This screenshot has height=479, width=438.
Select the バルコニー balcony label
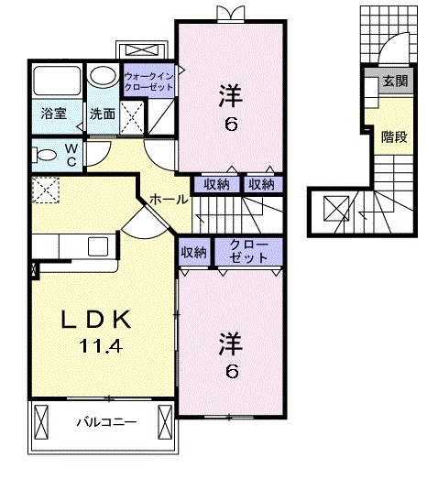pyautogui.click(x=104, y=422)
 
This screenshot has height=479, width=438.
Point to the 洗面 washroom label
pyautogui.click(x=102, y=114)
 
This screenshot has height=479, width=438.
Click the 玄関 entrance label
pyautogui.click(x=395, y=81)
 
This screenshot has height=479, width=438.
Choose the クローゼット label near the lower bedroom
pyautogui.click(x=249, y=252)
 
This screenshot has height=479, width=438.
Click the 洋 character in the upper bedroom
pyautogui.click(x=230, y=93)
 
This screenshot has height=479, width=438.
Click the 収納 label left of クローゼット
pyautogui.click(x=194, y=252)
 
